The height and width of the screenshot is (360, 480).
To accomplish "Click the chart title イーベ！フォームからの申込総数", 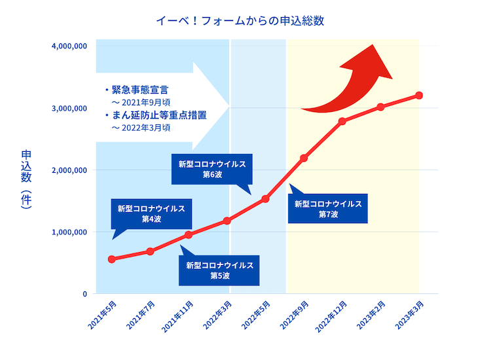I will (240, 20).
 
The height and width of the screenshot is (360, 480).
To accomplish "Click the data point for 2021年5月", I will (112, 259).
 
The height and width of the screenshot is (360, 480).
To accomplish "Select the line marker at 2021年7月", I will (150, 251).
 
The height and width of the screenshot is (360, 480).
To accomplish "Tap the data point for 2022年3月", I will (227, 221).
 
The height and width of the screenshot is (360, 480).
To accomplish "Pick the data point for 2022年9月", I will (304, 158).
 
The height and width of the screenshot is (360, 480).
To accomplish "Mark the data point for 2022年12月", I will (342, 121).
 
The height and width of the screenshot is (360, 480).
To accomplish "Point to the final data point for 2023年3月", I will (419, 96).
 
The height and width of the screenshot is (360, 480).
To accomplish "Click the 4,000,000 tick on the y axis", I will (69, 46).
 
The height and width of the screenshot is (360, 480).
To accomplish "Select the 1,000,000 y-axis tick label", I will (69, 232).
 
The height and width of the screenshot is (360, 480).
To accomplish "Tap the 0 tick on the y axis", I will (84, 294).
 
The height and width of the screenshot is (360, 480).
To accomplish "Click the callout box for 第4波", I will (151, 213).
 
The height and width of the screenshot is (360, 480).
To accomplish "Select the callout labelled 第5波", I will (219, 270).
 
